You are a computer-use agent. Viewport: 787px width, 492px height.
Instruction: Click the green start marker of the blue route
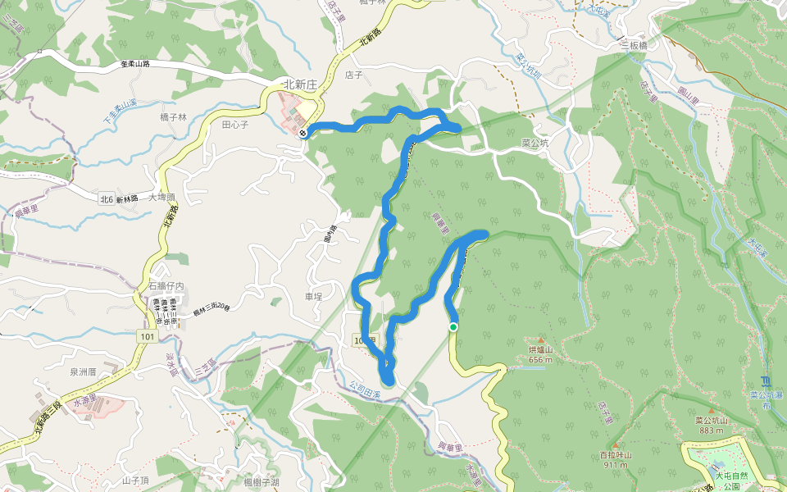[453, 327]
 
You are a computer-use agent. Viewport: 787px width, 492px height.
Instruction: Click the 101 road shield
[148, 336]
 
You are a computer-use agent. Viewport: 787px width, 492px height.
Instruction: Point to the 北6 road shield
[106, 198]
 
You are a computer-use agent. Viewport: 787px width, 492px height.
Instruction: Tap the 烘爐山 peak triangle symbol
[541, 339]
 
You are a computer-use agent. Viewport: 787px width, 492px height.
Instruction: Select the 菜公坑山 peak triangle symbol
[711, 410]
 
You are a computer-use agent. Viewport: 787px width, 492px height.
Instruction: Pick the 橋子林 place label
[173, 117]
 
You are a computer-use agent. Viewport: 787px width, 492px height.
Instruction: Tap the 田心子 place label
[234, 125]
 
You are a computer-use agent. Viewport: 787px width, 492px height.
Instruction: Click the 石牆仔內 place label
[166, 285]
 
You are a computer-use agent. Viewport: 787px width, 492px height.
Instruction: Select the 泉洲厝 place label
[83, 371]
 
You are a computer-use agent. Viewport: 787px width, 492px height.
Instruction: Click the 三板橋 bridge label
[634, 45]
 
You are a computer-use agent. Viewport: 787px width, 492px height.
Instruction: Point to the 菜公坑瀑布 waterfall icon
[763, 380]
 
